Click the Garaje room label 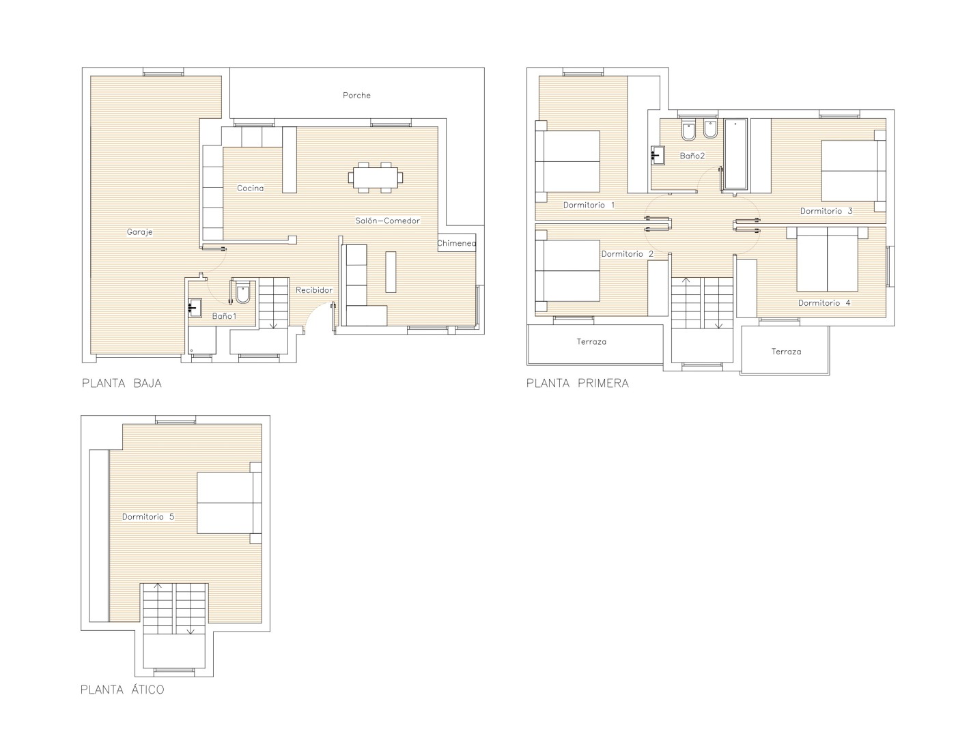139,232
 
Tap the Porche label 356,95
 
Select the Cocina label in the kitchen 250,188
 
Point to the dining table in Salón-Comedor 376,178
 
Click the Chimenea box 456,242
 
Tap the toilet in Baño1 242,292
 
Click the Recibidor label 314,290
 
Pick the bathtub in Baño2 735,154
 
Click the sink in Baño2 658,156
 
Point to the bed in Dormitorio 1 567,161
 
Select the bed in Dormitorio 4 827,259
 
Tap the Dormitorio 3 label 826,211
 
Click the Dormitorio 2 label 628,254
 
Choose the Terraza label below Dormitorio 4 786,352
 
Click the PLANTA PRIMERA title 577,383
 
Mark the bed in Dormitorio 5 229,502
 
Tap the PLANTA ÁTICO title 122,690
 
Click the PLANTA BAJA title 122,383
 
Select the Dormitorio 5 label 148,516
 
